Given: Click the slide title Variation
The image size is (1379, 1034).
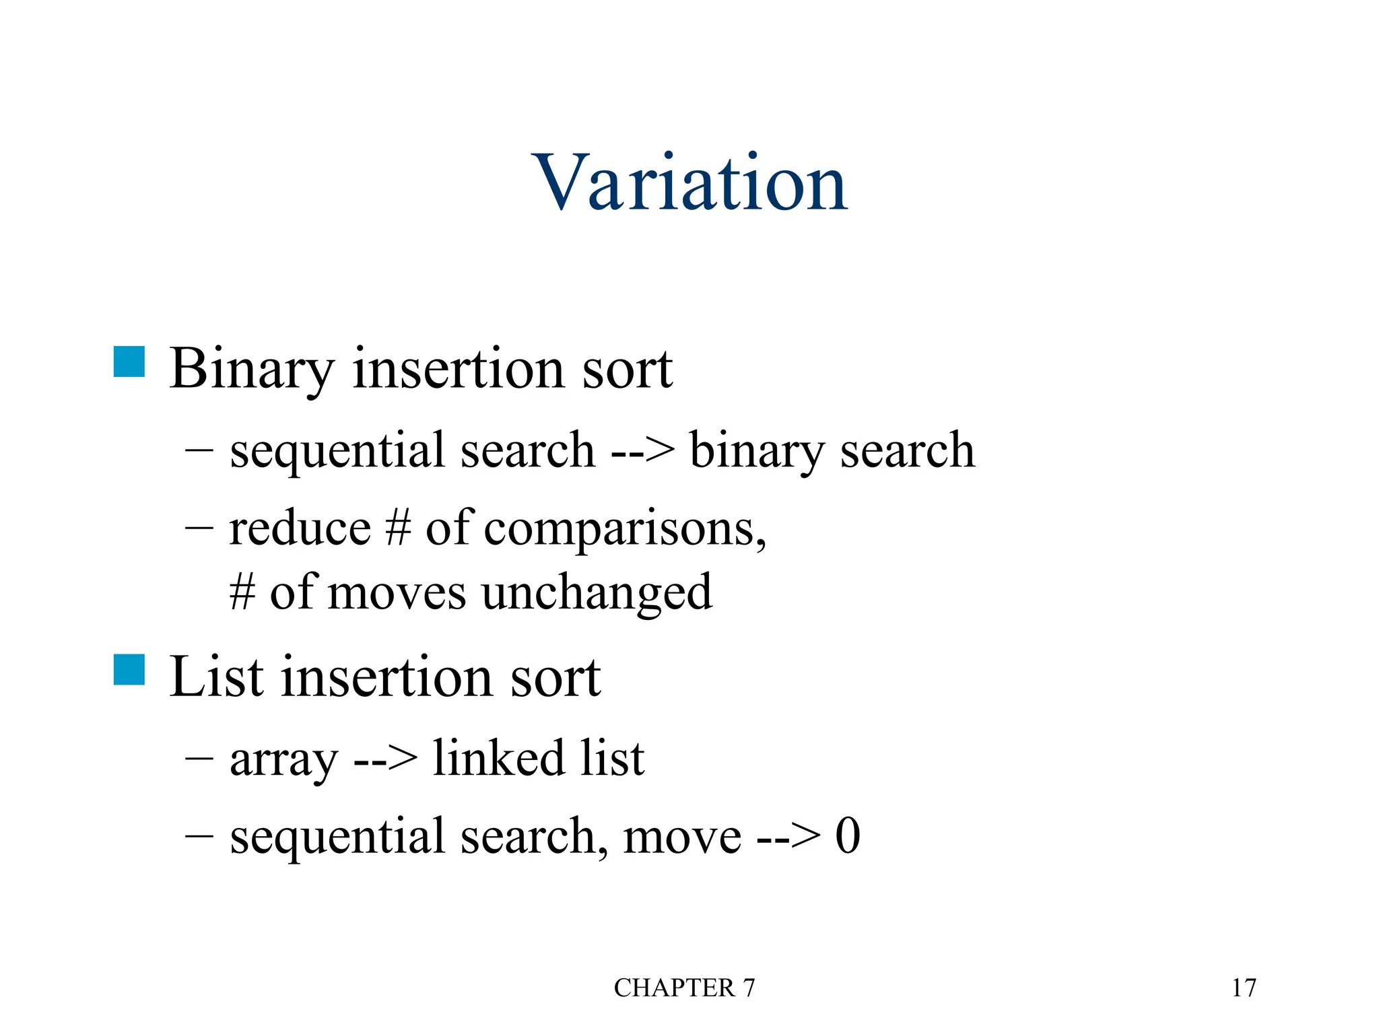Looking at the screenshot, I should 689,182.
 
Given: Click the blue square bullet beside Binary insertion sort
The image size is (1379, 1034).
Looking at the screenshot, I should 129,361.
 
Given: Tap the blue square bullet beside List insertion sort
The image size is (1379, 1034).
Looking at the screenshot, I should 129,670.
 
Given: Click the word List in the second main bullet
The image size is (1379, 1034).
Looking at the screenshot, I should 216,677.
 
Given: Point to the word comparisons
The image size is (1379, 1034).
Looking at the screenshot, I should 624,529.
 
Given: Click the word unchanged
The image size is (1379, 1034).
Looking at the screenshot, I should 597,592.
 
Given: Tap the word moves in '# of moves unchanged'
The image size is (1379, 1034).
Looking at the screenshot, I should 397,592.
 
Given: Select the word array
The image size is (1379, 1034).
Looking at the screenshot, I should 283,759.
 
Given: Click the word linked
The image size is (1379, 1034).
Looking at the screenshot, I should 498,758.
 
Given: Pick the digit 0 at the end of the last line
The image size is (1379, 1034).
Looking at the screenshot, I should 848,835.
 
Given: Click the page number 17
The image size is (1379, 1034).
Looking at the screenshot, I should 1244,988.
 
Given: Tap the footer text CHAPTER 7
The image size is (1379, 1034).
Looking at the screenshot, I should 684,988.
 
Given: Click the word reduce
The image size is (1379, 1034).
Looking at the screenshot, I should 300,528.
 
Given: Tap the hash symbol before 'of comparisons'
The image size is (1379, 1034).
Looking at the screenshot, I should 398,528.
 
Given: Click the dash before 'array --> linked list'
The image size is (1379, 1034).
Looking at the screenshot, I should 199,759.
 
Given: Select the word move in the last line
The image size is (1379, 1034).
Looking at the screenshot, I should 682,837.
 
